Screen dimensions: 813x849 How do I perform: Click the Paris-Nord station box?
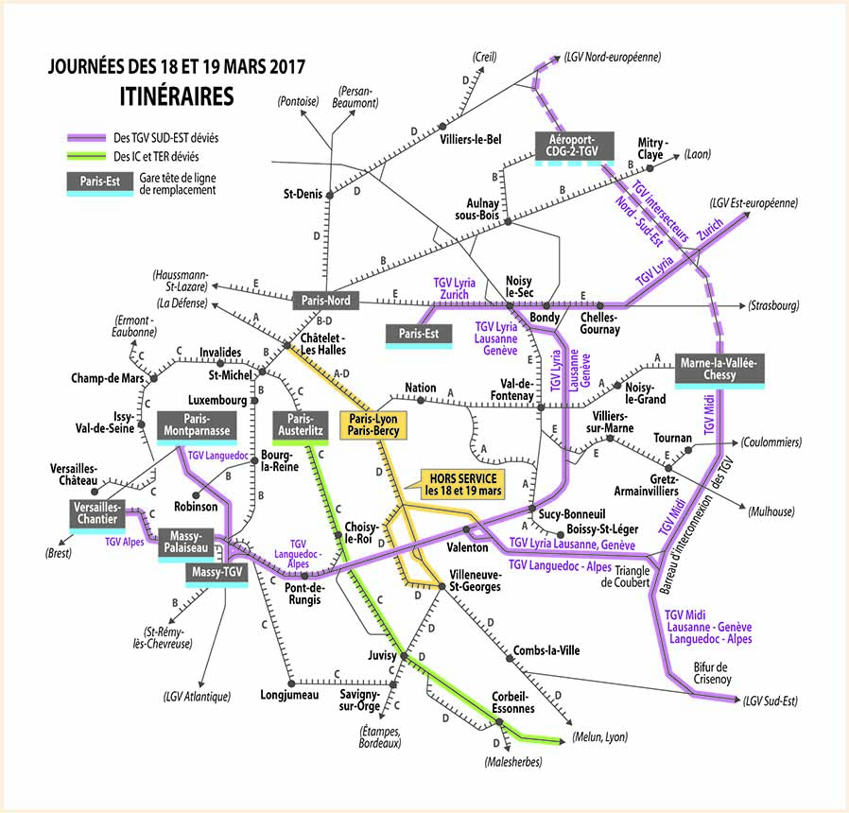pos(326,301)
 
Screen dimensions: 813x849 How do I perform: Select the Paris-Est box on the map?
pos(417,334)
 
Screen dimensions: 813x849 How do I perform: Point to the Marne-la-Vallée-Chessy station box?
pos(720,368)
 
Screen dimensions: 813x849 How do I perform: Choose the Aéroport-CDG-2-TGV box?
pos(576,145)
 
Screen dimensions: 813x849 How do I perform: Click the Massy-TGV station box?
pos(217,572)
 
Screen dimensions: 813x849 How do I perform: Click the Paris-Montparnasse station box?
pos(195,425)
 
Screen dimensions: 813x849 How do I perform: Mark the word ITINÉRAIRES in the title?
pos(177,96)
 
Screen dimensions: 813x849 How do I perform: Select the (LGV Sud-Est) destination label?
pos(771,701)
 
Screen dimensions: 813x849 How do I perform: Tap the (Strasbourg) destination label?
pos(773,305)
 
